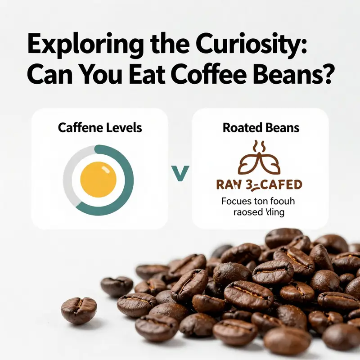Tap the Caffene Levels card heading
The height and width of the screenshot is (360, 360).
[99, 127]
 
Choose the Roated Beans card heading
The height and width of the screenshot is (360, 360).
[261, 127]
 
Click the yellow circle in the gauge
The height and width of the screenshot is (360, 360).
[98, 179]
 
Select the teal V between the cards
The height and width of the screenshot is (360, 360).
[180, 173]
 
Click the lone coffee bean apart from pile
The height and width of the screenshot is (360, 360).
[79, 310]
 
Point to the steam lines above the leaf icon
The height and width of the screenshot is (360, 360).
[260, 146]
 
